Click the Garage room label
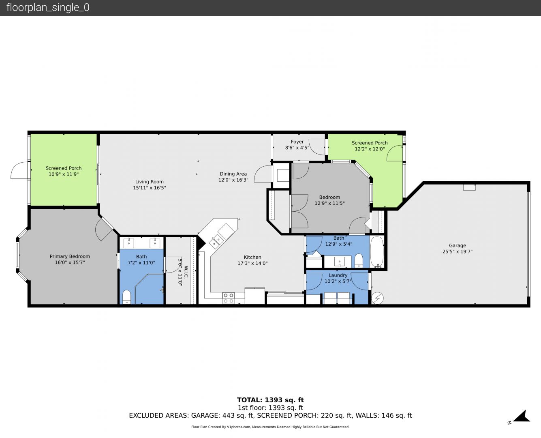[457, 246]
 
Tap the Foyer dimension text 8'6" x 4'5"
[297, 148]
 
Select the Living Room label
[150, 182]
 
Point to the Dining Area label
[233, 174]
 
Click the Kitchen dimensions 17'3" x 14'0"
[252, 263]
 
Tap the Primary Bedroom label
[70, 256]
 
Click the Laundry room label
[338, 275]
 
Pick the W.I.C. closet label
[186, 272]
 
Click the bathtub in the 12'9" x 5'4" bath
[376, 252]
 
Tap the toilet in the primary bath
[126, 297]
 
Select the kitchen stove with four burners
[228, 298]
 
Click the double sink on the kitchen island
[216, 241]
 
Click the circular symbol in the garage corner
[377, 298]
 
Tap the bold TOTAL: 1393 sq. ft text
[271, 400]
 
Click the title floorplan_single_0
[48, 8]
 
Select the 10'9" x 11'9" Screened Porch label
[64, 171]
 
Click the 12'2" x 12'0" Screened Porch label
[370, 146]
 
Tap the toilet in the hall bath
[359, 260]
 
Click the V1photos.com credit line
[271, 427]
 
